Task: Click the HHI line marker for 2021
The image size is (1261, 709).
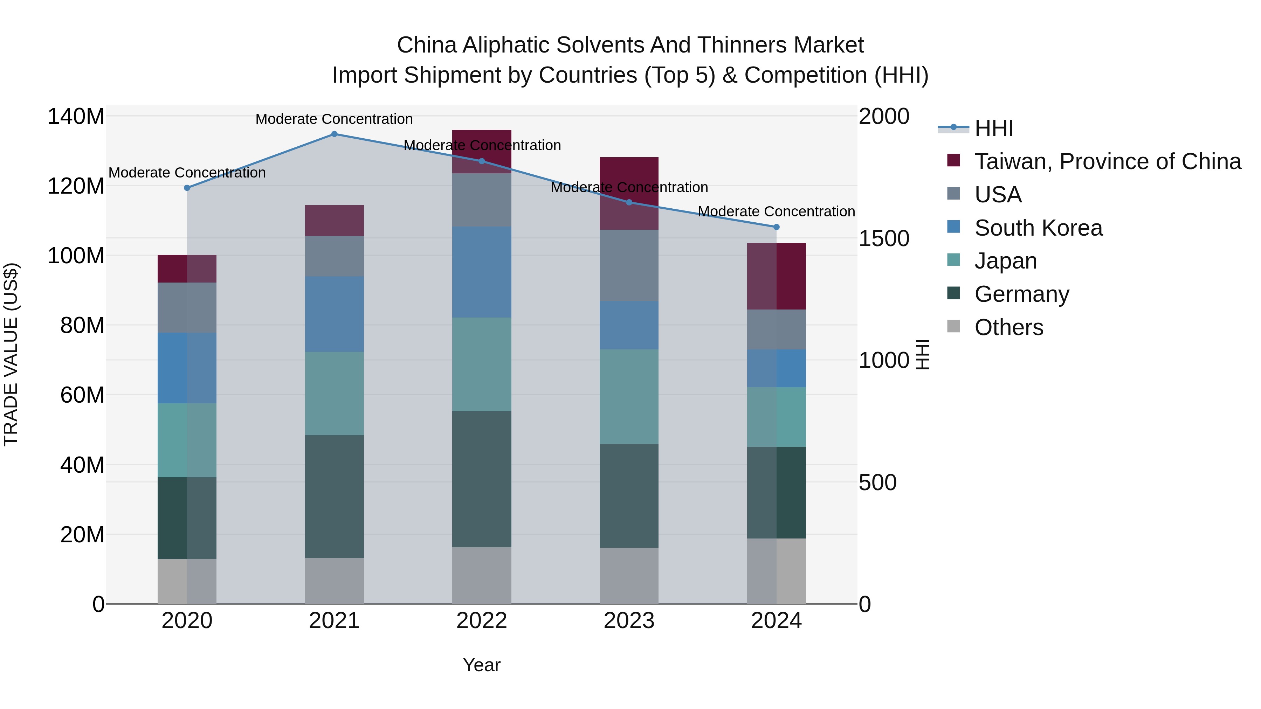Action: point(335,134)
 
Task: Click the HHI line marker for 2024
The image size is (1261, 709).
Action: point(776,227)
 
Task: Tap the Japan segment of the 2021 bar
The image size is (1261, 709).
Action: point(335,394)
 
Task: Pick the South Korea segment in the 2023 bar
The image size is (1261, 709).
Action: point(629,325)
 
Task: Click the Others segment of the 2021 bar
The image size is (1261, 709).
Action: point(335,581)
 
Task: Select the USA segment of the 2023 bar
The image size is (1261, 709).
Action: point(629,266)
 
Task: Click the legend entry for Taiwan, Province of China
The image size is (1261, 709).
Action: point(1107,161)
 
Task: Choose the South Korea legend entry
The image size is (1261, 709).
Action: point(1038,228)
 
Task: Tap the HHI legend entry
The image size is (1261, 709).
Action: point(993,128)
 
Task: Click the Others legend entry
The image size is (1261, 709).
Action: point(1008,327)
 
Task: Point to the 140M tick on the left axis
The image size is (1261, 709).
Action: point(76,117)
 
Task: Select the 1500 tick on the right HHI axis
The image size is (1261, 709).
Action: point(884,239)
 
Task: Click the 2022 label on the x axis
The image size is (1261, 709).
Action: point(482,621)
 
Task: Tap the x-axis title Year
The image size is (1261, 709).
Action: point(482,665)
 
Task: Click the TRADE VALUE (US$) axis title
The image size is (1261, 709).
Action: point(11,354)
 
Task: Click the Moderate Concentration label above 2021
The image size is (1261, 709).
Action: point(335,119)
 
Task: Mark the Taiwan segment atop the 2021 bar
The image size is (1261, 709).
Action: point(335,221)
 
